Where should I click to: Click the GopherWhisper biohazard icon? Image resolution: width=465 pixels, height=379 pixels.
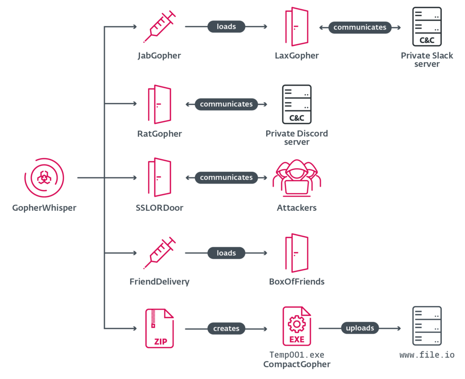click(x=44, y=177)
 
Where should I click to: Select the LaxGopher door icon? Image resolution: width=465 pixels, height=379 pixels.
click(x=297, y=27)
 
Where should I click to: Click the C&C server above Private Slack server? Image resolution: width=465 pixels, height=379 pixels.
click(x=426, y=26)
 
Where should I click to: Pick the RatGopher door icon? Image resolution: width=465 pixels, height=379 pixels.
click(x=159, y=104)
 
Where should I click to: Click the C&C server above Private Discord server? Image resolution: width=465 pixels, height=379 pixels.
click(x=297, y=104)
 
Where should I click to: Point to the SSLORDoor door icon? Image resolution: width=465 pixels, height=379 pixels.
click(x=159, y=177)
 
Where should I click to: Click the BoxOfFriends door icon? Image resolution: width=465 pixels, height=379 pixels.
click(x=297, y=253)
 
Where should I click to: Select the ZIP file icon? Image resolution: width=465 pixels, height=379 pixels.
click(x=159, y=328)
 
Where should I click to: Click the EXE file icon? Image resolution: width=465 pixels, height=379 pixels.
click(x=297, y=327)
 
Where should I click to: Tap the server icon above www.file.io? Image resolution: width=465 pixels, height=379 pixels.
click(x=426, y=326)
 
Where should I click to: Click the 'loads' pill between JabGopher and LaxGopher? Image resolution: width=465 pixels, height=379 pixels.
click(x=226, y=27)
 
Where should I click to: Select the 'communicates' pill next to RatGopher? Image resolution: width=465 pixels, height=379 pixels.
click(x=226, y=104)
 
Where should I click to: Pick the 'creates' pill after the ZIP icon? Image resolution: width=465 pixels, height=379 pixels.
click(x=226, y=328)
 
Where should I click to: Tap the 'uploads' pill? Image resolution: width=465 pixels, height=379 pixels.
click(x=360, y=328)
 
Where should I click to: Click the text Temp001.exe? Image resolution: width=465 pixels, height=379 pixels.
click(x=297, y=355)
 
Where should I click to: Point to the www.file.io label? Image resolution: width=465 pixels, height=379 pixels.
click(x=426, y=355)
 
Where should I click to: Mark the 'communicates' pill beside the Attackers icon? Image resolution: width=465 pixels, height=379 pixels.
click(x=226, y=178)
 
